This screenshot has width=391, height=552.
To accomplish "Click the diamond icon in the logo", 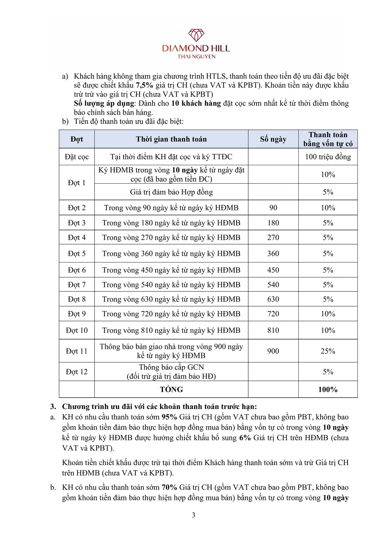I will coord(196,35).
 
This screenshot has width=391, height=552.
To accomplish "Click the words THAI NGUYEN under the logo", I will coord(196,57).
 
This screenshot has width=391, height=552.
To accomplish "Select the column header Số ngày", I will coord(273,139).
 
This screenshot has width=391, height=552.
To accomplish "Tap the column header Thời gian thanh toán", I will coord(171,139).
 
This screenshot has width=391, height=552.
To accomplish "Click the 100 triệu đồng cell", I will coord(328,157).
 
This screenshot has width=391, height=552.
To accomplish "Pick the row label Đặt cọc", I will coord(77,157).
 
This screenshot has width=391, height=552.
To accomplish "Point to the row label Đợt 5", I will coord(77,254).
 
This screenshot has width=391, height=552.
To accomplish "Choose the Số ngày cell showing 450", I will coord(273,270).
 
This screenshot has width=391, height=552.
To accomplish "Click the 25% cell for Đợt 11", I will coord(328,351).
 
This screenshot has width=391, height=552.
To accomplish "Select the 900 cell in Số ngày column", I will coord(273,351).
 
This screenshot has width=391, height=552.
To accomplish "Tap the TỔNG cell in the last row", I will coord(171,389).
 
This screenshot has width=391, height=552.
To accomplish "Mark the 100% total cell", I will coord(328,389).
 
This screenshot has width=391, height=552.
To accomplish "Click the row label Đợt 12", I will coord(77,372).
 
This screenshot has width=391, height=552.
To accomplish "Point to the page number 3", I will coord(194,515).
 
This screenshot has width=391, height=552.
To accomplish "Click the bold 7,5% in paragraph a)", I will coord(144,85).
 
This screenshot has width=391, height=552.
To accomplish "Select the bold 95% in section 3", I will coord(169,417).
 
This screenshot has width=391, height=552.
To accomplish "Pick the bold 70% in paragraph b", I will coord(169,487).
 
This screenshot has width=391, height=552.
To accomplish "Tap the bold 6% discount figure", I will coord(245,438).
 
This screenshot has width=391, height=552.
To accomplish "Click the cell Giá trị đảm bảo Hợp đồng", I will coord(171,192).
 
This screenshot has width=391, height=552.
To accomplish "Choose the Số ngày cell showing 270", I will coord(273,237).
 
